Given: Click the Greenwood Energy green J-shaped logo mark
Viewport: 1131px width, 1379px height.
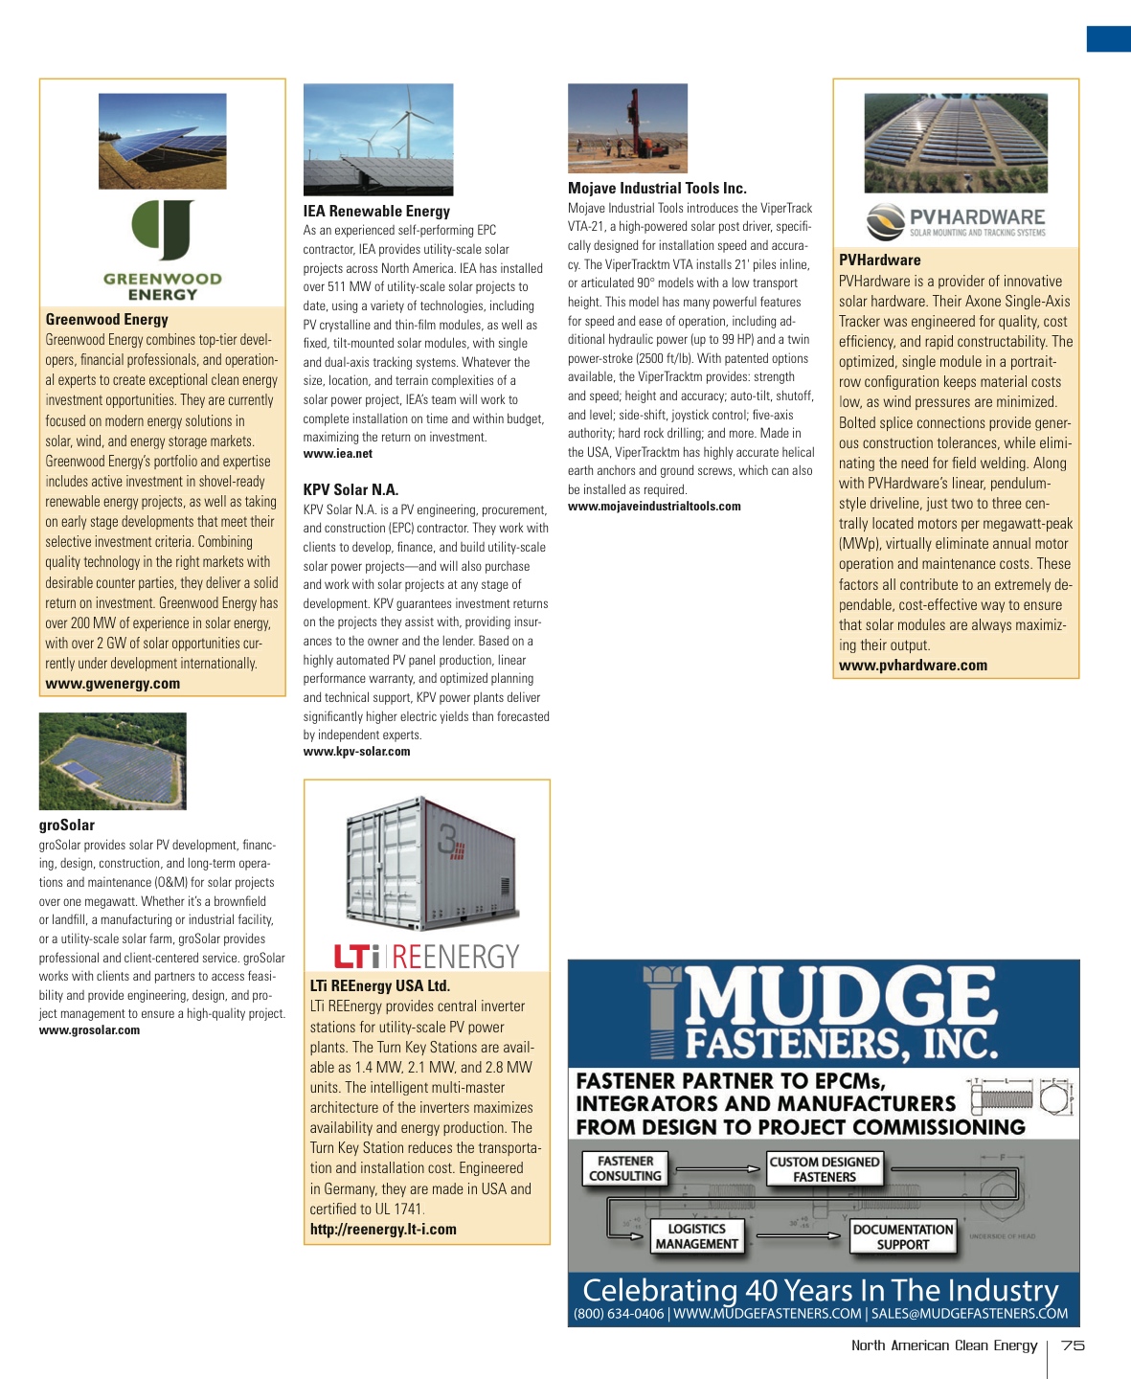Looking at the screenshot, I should tap(163, 230).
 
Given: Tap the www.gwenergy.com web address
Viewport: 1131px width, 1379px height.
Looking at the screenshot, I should tap(113, 684).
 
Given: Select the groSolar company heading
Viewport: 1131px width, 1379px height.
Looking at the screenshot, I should tap(67, 825).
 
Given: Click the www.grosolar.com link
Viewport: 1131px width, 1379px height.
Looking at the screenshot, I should tap(89, 1030).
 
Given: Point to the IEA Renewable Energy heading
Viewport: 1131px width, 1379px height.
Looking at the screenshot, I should tap(376, 211).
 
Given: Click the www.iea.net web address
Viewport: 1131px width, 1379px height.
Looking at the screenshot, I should tap(338, 454).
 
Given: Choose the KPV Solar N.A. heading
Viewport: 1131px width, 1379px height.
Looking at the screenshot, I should tap(351, 489).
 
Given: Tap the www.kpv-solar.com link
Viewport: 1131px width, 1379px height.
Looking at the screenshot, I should tap(356, 752).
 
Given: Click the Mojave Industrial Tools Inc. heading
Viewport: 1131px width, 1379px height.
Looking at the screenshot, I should tap(657, 188).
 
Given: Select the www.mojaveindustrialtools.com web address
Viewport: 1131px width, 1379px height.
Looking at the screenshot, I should tap(654, 506).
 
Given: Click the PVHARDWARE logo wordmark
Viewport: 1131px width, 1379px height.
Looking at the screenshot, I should tap(977, 217).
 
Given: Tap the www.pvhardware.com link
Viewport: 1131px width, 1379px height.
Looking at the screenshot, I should tap(913, 666).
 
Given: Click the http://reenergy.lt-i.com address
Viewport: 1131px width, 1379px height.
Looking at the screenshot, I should tap(383, 1230).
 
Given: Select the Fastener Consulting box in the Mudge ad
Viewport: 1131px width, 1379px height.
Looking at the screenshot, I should tap(625, 1168).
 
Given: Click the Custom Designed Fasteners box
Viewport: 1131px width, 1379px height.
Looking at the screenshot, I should tap(824, 1169).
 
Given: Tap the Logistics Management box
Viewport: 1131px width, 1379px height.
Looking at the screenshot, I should tap(696, 1236).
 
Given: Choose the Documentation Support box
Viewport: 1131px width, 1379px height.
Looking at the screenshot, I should tap(903, 1237).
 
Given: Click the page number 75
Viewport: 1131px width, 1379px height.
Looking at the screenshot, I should tap(1073, 1345).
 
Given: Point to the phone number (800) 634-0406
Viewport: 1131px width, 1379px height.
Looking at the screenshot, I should tap(619, 1314).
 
